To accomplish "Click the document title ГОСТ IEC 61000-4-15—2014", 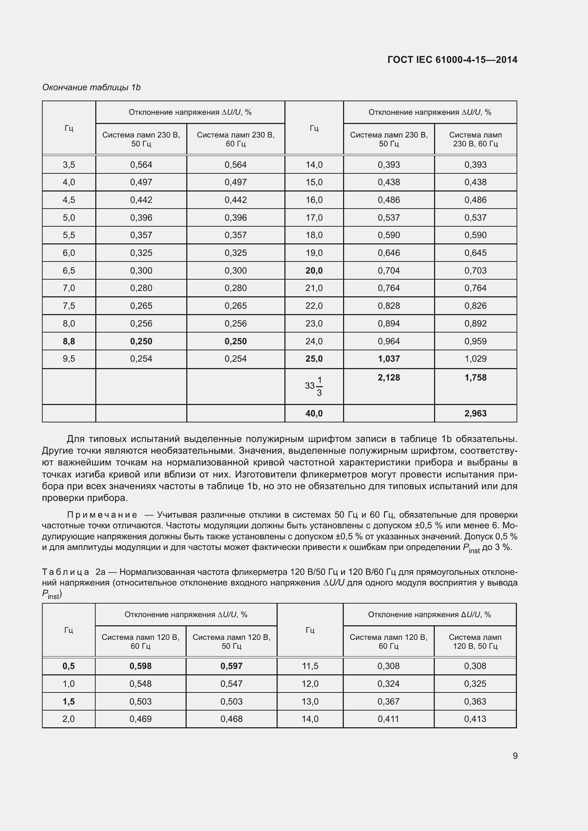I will pos(452,60).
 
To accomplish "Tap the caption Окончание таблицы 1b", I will pos(91,87).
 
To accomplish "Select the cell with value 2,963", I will pos(475,413).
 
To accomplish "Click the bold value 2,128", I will pos(389,378).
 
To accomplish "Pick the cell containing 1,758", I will pos(475,378).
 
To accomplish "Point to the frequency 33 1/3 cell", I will pos(314,386).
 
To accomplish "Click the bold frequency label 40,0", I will pos(314,413).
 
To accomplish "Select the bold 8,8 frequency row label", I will pos(69,341).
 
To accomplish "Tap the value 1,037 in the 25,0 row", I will pos(389,359).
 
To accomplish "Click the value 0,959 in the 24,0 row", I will pos(475,341).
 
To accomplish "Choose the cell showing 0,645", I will pos(475,253).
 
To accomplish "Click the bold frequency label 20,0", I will pos(314,270).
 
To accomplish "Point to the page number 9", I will pos(515,756).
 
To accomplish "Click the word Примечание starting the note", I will pos(102,515).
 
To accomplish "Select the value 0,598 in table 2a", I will pos(140,666).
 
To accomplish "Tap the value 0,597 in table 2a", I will pos(231,666).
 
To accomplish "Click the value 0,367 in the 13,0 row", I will pos(388,701).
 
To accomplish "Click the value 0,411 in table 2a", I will pos(388,719).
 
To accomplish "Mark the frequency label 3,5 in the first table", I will pos(69,165).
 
